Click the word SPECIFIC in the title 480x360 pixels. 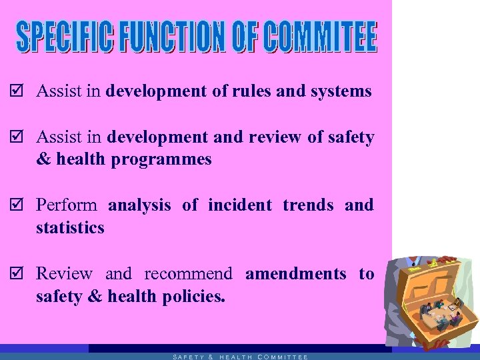pyautogui.click(x=67, y=38)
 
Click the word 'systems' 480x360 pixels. pyautogui.click(x=341, y=92)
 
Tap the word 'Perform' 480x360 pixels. pyautogui.click(x=66, y=205)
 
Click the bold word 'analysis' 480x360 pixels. pyautogui.click(x=139, y=205)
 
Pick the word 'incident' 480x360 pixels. pyautogui.click(x=240, y=205)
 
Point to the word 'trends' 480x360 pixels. pyautogui.click(x=308, y=205)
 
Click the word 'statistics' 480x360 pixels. pyautogui.click(x=70, y=228)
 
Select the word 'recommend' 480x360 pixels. pyautogui.click(x=188, y=274)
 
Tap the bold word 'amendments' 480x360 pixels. pyautogui.click(x=296, y=274)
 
